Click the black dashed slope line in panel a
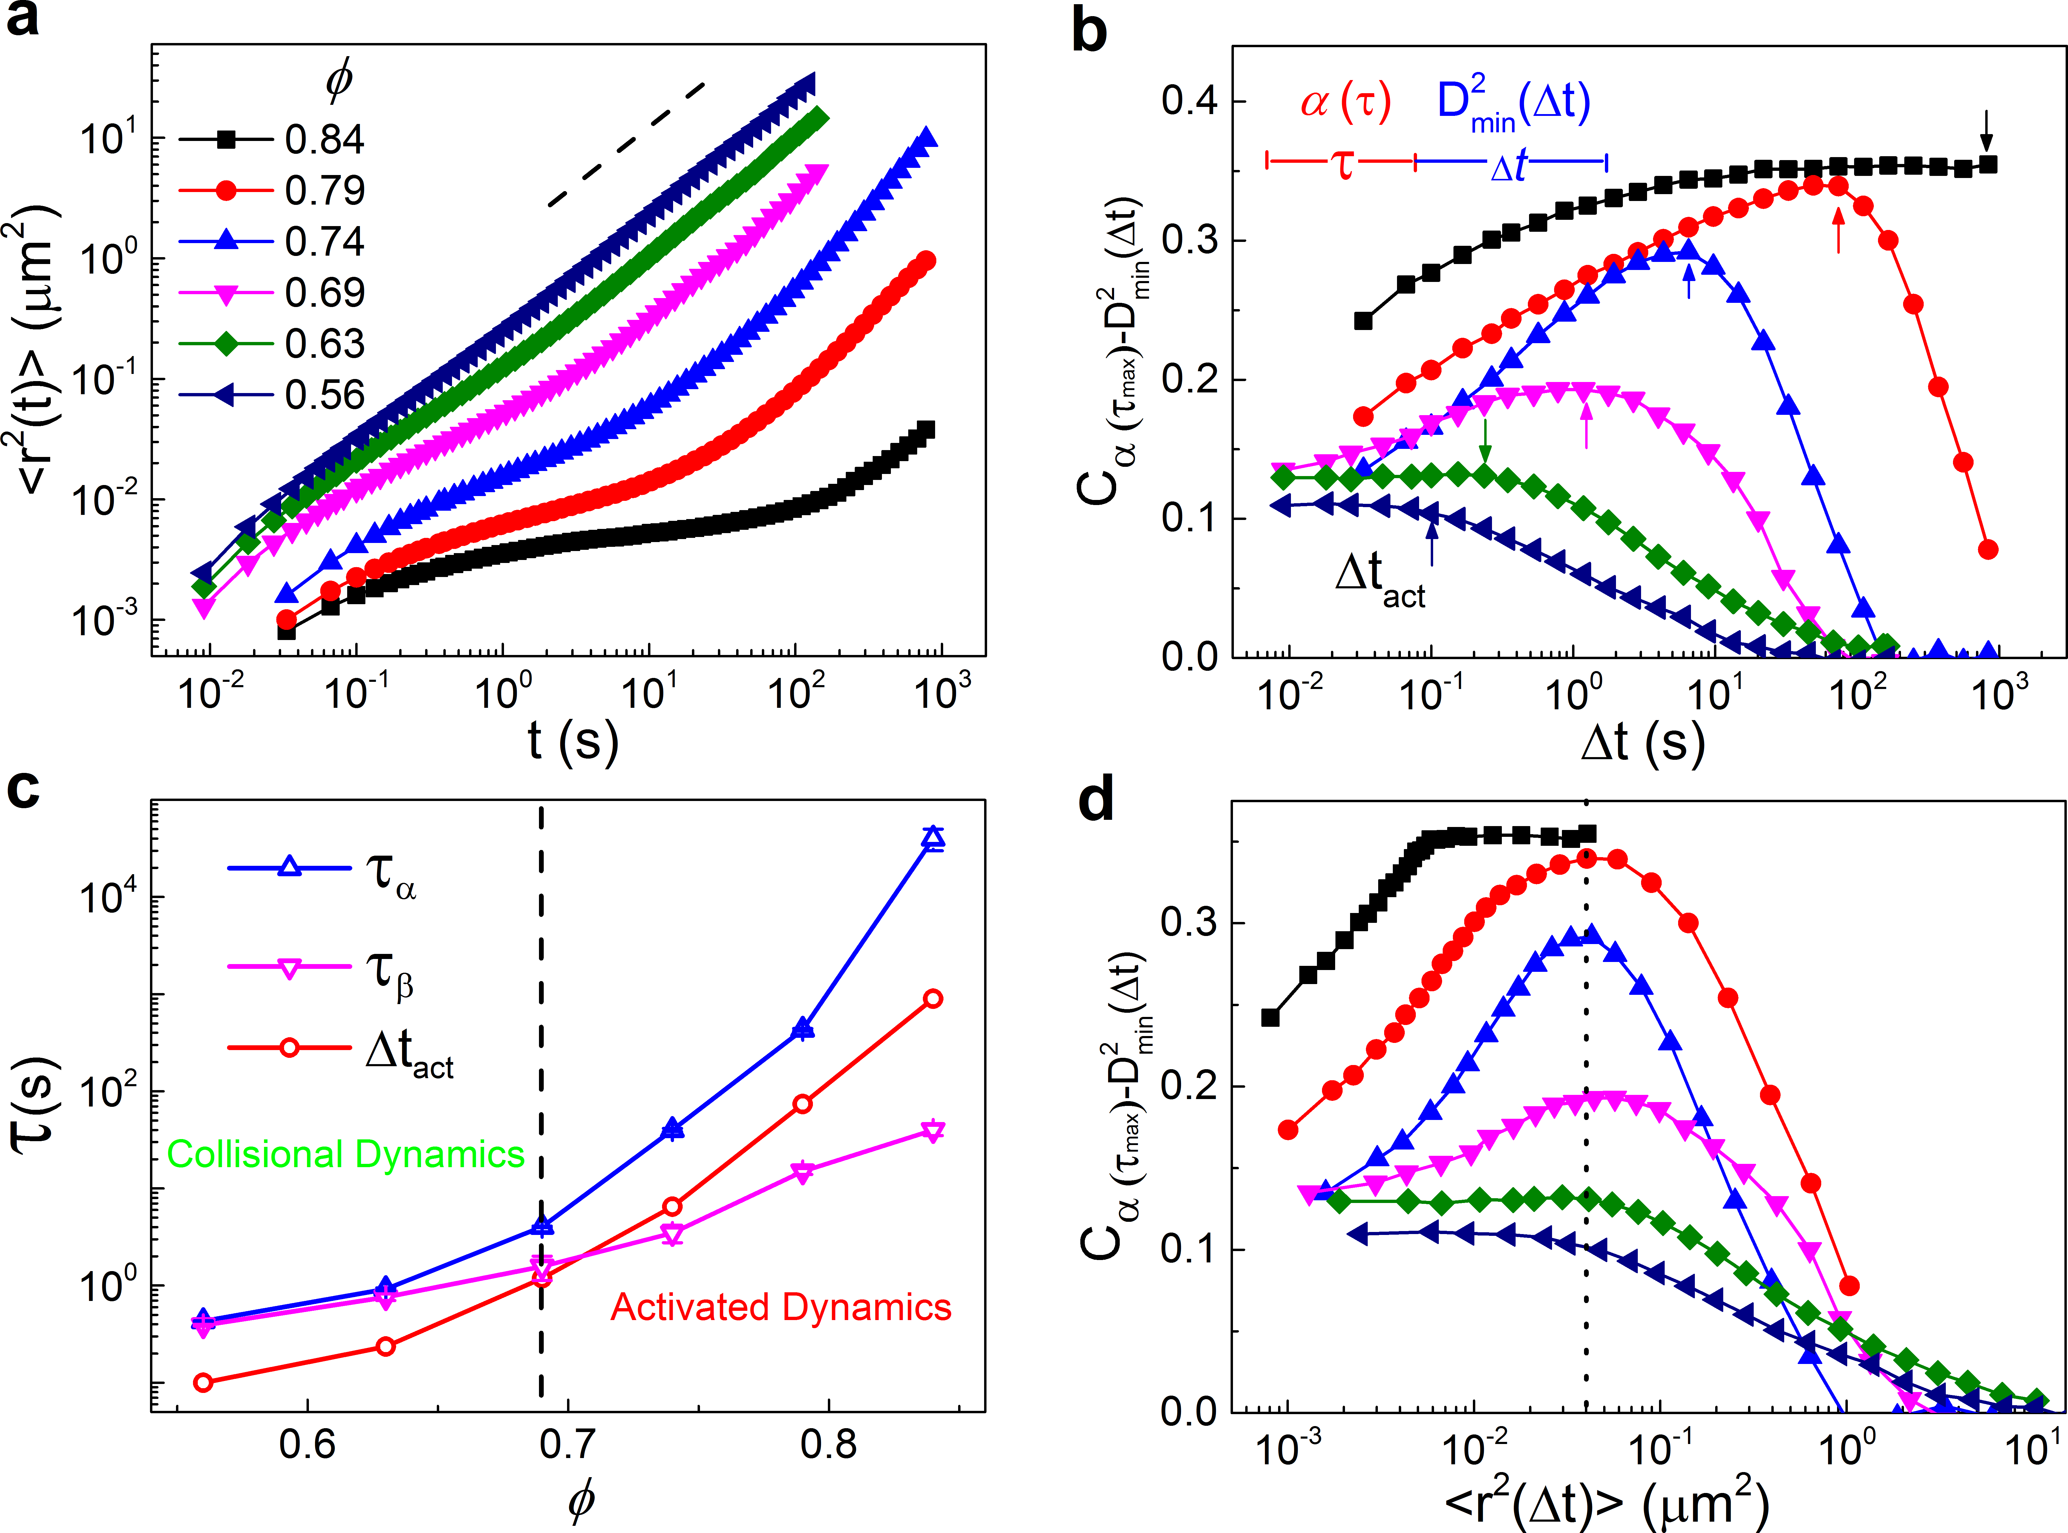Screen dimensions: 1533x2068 [626, 144]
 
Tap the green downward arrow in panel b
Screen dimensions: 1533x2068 [1485, 441]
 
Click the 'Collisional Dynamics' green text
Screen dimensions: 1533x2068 [345, 1154]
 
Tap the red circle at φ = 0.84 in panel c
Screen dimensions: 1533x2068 [934, 998]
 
